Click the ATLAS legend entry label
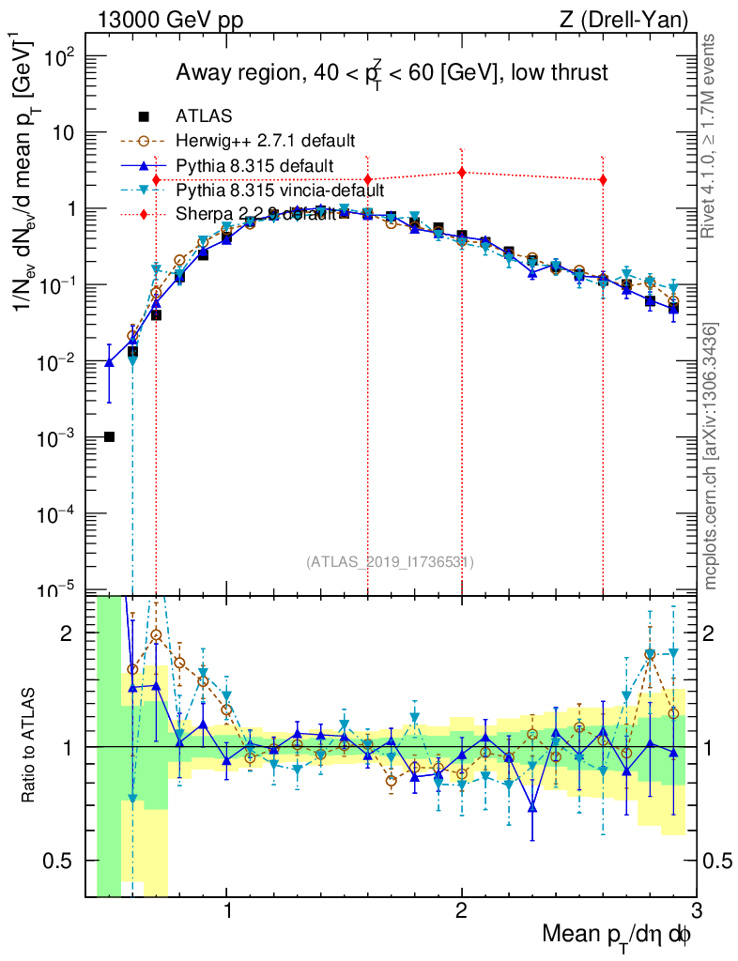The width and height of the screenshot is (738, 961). click(x=204, y=116)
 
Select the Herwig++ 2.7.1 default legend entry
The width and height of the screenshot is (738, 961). click(x=265, y=141)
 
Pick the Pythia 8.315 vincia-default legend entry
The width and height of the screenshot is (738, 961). click(x=280, y=190)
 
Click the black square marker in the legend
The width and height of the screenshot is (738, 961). click(x=144, y=116)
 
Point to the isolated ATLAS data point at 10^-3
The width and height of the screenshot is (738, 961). click(x=109, y=436)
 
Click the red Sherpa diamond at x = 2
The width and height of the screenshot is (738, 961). click(x=461, y=172)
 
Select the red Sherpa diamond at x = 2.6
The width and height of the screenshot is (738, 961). click(x=602, y=179)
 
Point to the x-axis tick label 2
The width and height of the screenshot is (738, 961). click(x=461, y=910)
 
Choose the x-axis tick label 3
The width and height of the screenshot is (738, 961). click(x=695, y=910)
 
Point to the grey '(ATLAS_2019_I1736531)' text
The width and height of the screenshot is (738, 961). click(x=390, y=562)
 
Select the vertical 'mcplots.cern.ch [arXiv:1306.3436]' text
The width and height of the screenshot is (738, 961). click(x=712, y=455)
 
